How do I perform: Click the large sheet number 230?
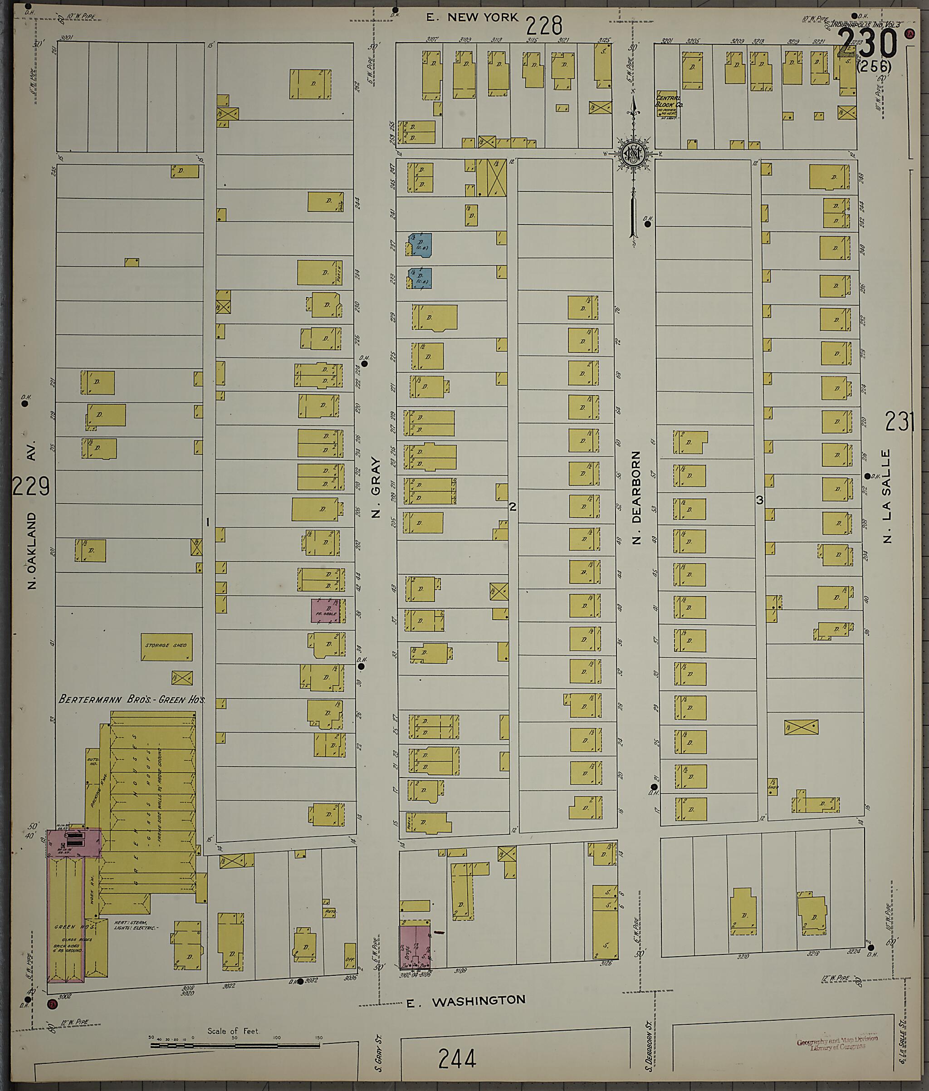pyautogui.click(x=867, y=44)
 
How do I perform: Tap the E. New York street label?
pyautogui.click(x=472, y=17)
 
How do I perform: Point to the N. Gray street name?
pyautogui.click(x=376, y=488)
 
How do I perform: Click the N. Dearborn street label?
pyautogui.click(x=636, y=497)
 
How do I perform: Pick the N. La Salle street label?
pyautogui.click(x=887, y=495)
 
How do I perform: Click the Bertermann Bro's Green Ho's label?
pyautogui.click(x=132, y=700)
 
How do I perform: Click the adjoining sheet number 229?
pyautogui.click(x=30, y=486)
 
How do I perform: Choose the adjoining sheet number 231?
pyautogui.click(x=900, y=421)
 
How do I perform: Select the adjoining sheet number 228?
pyautogui.click(x=544, y=25)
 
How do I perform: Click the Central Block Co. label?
pyautogui.click(x=668, y=102)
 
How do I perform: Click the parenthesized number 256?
pyautogui.click(x=874, y=67)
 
